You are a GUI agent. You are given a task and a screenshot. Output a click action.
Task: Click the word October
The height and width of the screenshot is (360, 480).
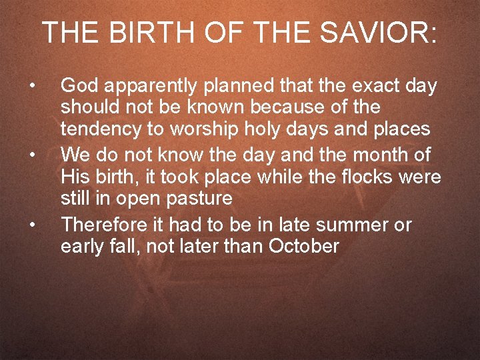[x=303, y=247]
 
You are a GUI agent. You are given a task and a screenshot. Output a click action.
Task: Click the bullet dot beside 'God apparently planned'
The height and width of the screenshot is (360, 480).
[x=31, y=86]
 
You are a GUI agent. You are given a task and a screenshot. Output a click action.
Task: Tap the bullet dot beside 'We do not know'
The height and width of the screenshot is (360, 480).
[x=31, y=155]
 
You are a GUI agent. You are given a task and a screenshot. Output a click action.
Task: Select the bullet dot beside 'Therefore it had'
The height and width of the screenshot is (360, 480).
[x=31, y=225]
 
